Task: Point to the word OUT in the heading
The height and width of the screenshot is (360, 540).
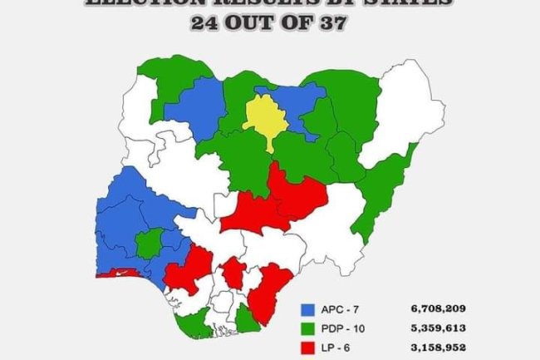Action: click(x=248, y=23)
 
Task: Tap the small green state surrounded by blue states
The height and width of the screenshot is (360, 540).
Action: click(x=149, y=244)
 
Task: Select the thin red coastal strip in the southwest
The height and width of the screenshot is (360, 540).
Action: click(x=116, y=273)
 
